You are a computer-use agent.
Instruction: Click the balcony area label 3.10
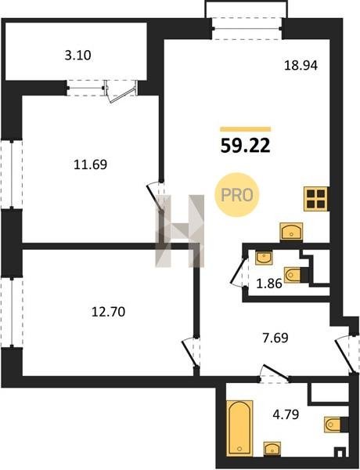[78, 56]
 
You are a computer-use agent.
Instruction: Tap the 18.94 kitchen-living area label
[301, 65]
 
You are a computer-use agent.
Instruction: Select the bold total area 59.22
[246, 146]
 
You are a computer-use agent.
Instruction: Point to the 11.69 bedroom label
[91, 164]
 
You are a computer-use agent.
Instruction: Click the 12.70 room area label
[109, 312]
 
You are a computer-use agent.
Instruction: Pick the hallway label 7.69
[275, 338]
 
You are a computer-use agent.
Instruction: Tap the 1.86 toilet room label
[269, 284]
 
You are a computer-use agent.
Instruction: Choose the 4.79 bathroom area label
[286, 414]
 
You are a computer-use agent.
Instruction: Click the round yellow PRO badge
[237, 195]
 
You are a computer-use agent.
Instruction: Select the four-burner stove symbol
[316, 199]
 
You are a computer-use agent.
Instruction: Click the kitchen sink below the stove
[291, 231]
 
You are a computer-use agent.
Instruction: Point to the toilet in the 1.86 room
[293, 275]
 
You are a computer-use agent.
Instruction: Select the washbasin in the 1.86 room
[264, 258]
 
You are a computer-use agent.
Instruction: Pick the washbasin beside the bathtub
[272, 449]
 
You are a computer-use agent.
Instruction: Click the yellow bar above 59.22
[246, 129]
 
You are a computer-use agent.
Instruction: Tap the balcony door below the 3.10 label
[121, 91]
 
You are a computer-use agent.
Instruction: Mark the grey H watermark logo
[180, 231]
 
